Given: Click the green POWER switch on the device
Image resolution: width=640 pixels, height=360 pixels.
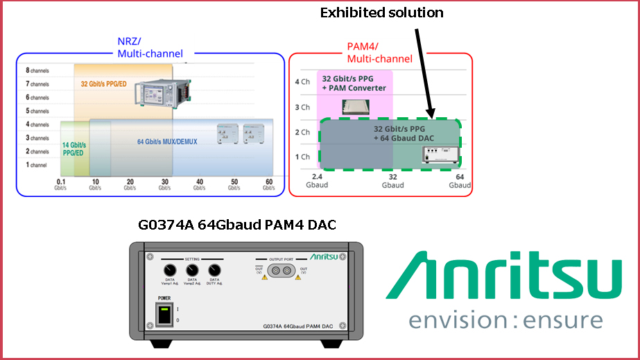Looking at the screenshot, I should (163, 316).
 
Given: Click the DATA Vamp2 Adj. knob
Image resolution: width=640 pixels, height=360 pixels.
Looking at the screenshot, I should (192, 271).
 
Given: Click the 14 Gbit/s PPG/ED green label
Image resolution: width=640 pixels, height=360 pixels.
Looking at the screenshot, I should (74, 147).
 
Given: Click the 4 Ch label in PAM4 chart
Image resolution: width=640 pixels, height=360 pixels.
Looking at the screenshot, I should (302, 82).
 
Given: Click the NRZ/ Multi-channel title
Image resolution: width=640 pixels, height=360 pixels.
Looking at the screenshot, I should (150, 47).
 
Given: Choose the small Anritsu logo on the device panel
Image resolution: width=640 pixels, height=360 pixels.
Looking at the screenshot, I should (324, 256).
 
